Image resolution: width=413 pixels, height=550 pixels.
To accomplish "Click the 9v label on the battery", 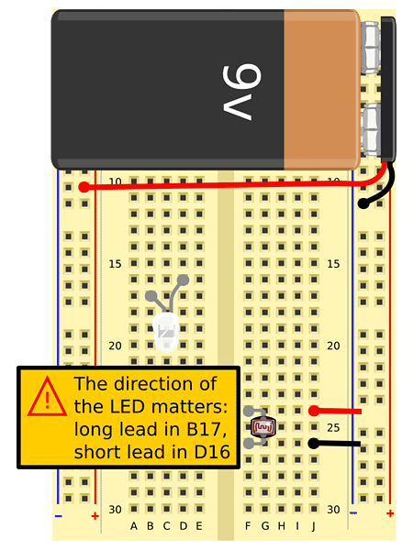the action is click(x=242, y=93).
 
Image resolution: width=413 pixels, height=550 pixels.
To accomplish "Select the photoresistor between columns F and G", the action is click(x=262, y=427).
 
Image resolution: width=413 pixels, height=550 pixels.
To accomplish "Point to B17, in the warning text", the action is click(x=206, y=429).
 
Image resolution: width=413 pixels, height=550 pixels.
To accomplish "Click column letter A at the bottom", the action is click(x=133, y=526).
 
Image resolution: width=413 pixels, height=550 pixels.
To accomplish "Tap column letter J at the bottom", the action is click(x=314, y=526).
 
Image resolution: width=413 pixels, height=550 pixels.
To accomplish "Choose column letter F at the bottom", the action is click(x=248, y=526).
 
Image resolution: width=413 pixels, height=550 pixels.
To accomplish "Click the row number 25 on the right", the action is click(x=333, y=427).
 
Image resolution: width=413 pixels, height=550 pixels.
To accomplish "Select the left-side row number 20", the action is click(x=115, y=346).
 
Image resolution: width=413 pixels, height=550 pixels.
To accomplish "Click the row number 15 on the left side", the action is click(x=115, y=264).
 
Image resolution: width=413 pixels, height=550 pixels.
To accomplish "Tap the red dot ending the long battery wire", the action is click(x=84, y=187).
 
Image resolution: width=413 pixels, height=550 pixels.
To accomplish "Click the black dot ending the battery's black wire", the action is click(x=363, y=203).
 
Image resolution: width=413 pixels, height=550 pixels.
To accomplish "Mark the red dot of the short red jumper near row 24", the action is click(x=314, y=411).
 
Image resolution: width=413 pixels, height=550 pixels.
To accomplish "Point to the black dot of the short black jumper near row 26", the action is click(x=314, y=444).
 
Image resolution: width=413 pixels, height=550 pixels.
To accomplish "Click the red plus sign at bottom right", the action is click(x=390, y=513).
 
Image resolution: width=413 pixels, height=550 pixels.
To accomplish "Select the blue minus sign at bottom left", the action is click(x=59, y=516).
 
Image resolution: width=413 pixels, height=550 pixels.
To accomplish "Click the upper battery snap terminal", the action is click(x=371, y=48).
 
